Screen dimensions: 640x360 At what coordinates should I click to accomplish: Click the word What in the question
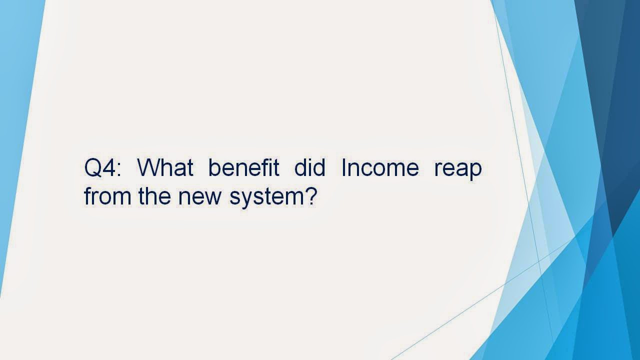[165, 167]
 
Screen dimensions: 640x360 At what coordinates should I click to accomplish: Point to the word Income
[380, 167]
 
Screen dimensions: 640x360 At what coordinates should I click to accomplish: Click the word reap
[458, 169]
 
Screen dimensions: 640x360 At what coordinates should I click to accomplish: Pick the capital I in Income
[343, 167]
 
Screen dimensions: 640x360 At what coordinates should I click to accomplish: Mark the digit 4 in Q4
[110, 167]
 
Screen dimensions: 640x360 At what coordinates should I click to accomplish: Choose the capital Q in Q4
[93, 167]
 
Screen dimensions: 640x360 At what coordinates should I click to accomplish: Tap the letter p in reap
[475, 171]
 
